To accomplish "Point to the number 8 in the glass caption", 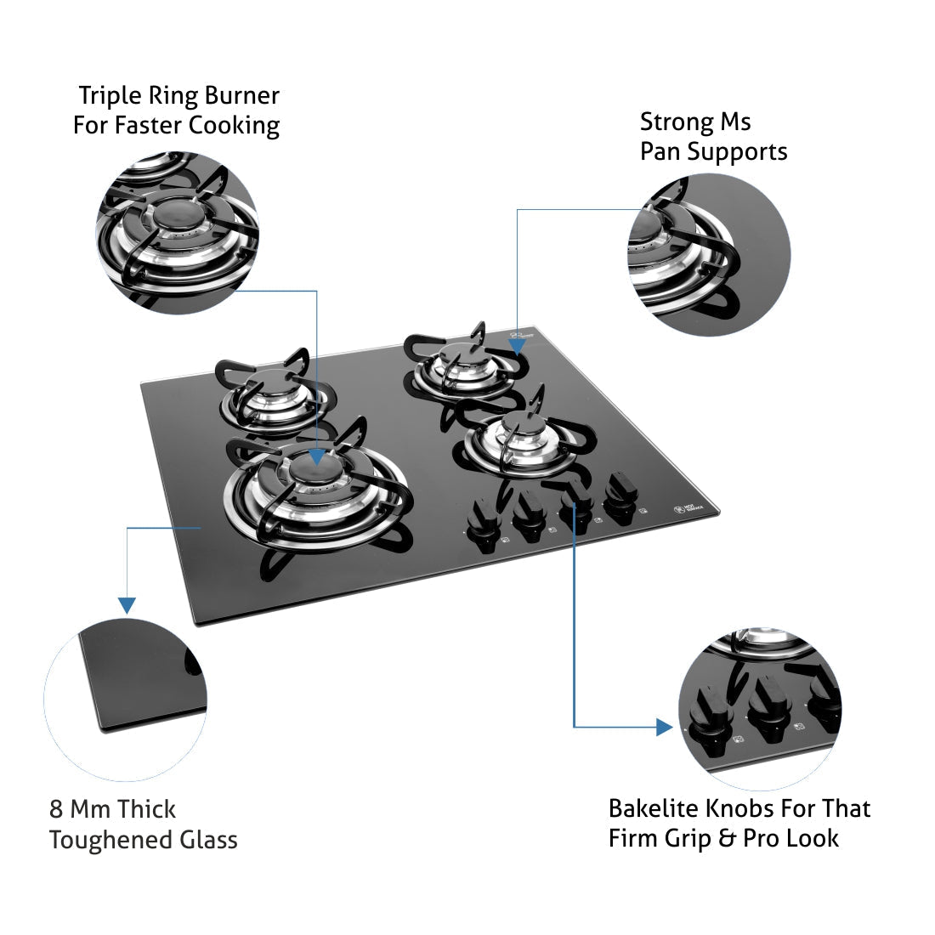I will click(x=56, y=808).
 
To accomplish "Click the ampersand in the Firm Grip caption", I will click(x=727, y=838).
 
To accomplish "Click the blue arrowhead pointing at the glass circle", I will click(x=127, y=605).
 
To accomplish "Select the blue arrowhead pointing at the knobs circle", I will click(x=665, y=727).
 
